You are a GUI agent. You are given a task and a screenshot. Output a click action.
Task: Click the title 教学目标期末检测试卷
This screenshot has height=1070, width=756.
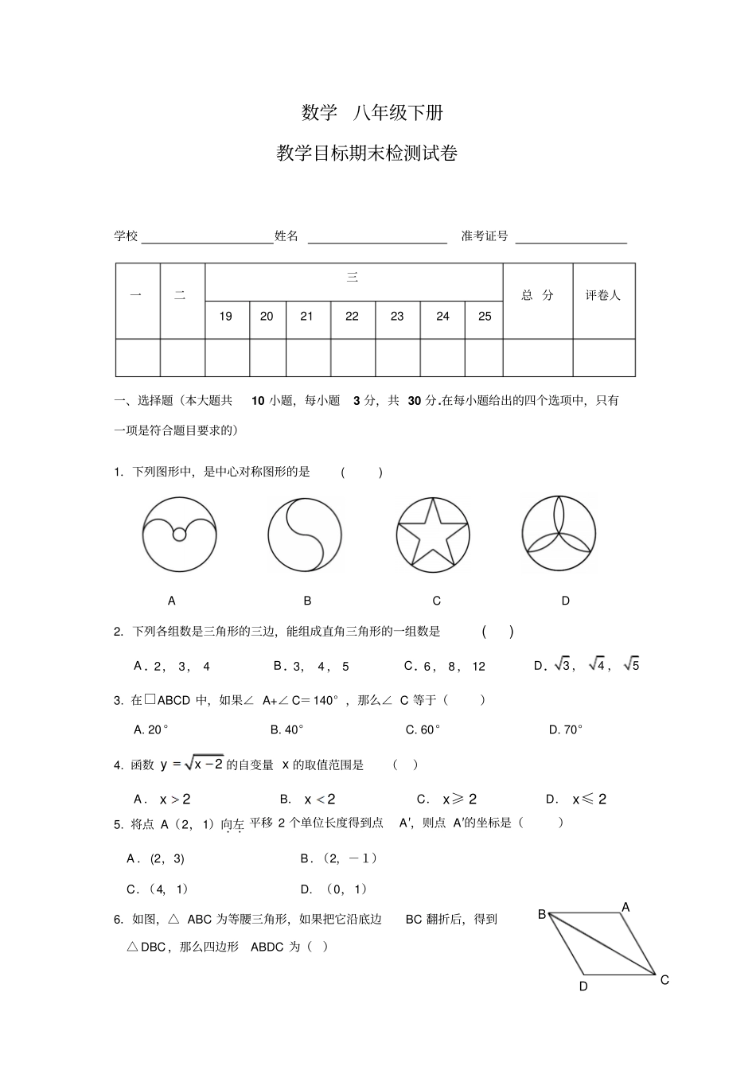pos(367,154)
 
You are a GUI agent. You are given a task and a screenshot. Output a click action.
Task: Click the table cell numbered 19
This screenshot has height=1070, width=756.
pos(226,317)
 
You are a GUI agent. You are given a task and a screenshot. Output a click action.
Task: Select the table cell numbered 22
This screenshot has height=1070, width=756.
pos(352,317)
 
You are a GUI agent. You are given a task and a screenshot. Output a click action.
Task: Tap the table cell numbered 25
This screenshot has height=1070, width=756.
pos(484,317)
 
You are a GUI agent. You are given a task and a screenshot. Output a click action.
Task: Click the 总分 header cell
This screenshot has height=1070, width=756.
pos(537,295)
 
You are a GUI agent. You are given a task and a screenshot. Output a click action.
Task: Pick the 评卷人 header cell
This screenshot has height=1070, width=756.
pos(603,295)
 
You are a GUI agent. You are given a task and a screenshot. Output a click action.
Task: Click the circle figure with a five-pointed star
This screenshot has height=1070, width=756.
pos(433,535)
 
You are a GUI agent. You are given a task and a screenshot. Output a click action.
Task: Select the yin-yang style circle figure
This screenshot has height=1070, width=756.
pos(305,535)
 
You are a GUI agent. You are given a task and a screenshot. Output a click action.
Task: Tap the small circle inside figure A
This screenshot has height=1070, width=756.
pos(179,535)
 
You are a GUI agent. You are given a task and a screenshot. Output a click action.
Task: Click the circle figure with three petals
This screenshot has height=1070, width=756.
pos(559,533)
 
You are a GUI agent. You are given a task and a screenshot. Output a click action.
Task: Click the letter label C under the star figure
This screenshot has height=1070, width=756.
pos(436,601)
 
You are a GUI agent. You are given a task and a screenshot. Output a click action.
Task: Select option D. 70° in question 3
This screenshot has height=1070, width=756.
pos(566,730)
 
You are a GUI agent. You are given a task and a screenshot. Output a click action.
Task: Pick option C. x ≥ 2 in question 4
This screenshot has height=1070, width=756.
pos(447,800)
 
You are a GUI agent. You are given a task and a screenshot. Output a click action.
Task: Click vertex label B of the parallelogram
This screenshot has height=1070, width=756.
pos(542,914)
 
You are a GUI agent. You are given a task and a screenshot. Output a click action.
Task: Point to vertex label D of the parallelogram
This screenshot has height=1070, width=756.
pos(583,986)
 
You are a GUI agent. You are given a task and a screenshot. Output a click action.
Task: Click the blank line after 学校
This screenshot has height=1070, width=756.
pos(207,237)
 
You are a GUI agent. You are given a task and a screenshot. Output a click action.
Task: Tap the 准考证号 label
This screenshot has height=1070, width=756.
pos(485,236)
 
